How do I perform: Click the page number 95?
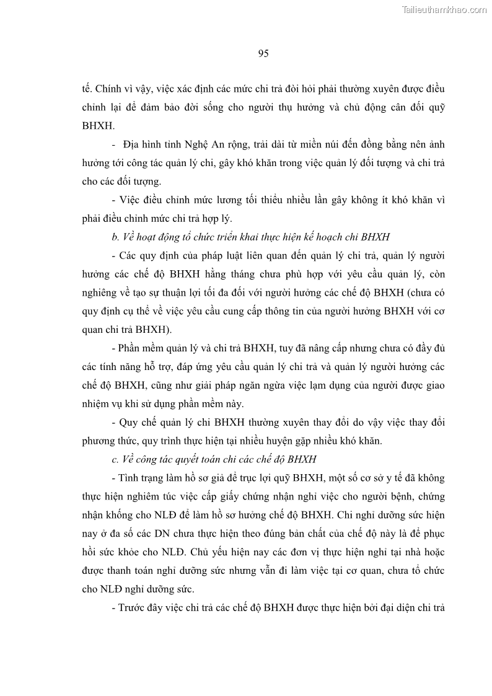(x=263, y=54)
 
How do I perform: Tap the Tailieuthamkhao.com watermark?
(x=444, y=9)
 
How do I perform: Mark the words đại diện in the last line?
(x=389, y=607)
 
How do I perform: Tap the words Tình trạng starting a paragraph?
(x=134, y=478)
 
